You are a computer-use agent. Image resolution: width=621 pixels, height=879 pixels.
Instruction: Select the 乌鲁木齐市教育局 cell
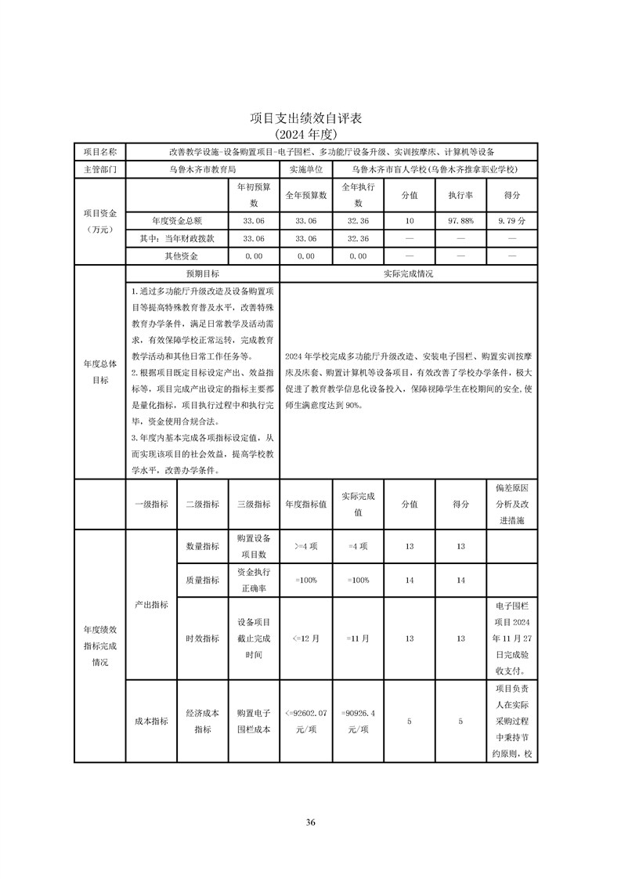click(202, 168)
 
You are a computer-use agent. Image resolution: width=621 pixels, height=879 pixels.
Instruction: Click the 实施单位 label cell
click(305, 168)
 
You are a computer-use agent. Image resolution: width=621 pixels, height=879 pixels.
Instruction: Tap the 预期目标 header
click(202, 273)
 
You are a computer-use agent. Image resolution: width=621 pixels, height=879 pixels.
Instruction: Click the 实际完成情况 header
click(408, 273)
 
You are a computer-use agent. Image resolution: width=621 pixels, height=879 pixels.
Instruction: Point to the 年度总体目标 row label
click(99, 372)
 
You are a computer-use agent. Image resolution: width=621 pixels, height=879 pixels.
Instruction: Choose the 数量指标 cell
click(202, 546)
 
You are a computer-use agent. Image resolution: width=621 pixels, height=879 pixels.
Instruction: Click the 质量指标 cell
click(202, 581)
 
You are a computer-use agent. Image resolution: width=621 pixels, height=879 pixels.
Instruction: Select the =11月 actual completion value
click(358, 638)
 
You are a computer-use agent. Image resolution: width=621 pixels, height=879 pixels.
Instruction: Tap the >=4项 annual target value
click(305, 546)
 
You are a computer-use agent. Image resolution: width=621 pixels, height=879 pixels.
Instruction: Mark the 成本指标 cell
click(151, 722)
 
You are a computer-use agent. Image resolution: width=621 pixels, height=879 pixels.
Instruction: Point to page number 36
click(310, 823)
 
